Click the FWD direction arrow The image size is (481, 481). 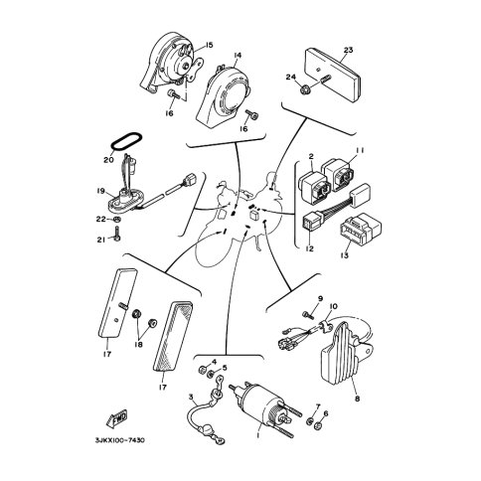116,418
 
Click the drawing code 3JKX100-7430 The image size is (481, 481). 120,440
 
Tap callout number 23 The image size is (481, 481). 348,50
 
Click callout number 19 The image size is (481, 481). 101,191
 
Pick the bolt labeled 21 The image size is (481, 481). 117,234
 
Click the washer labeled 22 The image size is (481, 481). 117,219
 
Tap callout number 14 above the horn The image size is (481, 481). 238,56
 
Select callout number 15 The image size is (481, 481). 209,45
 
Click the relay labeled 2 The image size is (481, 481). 315,187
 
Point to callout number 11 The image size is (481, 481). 360,150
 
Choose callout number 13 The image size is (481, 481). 345,255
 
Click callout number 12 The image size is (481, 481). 309,248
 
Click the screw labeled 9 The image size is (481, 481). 308,314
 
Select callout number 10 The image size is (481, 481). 333,306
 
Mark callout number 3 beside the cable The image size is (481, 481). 191,397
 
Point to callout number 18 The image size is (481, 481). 138,345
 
